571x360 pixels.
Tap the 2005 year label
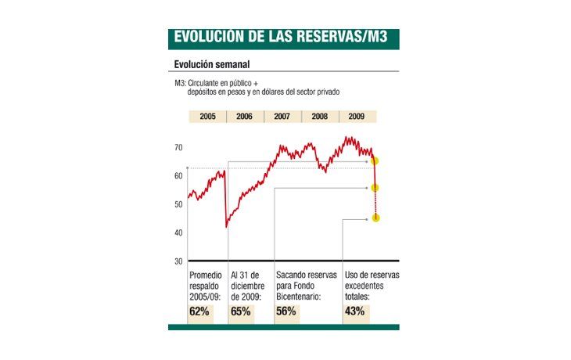click(207, 116)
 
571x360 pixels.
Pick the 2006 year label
click(245, 116)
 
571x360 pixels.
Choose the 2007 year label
click(282, 116)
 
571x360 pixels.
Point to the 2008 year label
click(320, 116)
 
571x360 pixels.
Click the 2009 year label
click(357, 116)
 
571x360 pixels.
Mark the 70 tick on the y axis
click(178, 147)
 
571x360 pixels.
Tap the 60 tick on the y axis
click(178, 176)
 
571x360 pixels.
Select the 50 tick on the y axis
click(178, 204)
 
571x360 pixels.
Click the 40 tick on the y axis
click(178, 232)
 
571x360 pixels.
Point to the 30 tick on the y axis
click(178, 261)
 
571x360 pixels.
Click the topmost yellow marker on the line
click(375, 161)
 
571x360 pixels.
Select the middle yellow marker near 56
click(375, 188)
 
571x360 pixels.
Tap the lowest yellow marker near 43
click(375, 218)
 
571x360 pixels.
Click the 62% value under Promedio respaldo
click(199, 311)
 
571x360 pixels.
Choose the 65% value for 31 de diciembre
click(240, 311)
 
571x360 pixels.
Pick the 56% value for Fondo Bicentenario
click(286, 311)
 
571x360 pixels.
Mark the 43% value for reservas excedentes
click(354, 311)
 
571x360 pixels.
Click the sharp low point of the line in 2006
click(227, 226)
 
